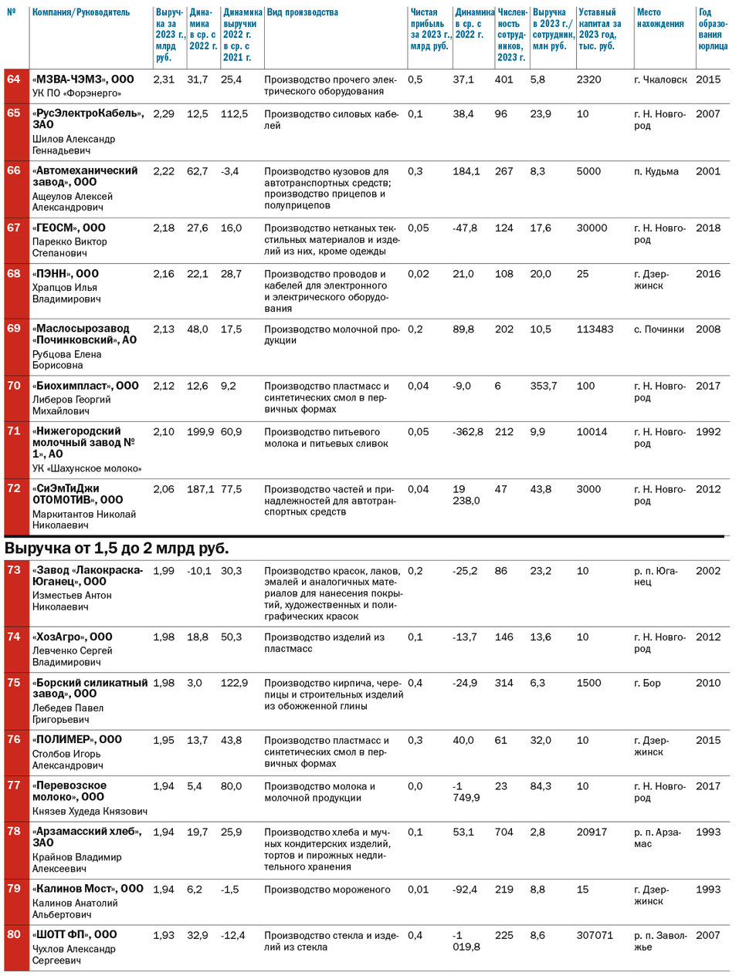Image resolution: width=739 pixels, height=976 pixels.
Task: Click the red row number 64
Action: coord(14,79)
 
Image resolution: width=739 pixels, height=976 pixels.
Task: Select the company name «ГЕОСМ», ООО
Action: coord(69,228)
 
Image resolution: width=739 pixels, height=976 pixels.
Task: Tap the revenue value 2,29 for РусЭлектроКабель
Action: coord(164,114)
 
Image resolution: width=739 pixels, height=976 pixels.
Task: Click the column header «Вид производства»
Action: coord(302,13)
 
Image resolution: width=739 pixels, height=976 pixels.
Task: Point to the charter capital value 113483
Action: coord(595,329)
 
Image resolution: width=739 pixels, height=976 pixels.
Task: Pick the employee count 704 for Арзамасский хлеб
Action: coord(503,832)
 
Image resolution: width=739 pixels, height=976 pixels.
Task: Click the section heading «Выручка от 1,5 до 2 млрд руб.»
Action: coord(117,549)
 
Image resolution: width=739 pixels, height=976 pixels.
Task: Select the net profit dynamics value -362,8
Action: coord(468,432)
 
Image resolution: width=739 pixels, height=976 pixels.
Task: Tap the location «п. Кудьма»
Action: coord(656,172)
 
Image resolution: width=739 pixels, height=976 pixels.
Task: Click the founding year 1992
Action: coord(708,432)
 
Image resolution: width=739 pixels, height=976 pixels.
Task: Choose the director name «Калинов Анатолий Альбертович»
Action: coord(75,909)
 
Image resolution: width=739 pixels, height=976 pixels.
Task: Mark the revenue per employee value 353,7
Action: coord(544,387)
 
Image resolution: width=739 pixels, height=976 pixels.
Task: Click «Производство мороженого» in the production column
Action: coord(327,890)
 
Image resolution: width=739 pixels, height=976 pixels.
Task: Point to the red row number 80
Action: coord(14,935)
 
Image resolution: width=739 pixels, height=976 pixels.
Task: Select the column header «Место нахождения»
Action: coord(659,19)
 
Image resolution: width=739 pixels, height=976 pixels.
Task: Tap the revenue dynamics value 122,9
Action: coord(234,684)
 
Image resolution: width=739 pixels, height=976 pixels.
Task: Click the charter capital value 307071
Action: coord(595,936)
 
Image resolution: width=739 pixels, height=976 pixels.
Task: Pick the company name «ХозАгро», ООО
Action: coord(72,637)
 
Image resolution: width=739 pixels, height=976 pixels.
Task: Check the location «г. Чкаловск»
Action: coord(660,80)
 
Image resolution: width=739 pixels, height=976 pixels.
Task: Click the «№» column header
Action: coord(12,13)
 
